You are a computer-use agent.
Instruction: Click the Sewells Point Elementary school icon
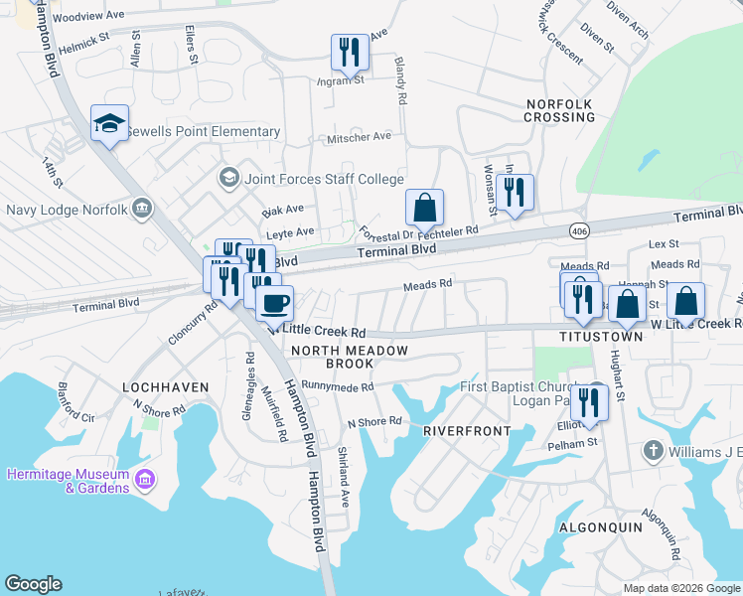109,123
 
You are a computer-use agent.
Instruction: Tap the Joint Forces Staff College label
320,179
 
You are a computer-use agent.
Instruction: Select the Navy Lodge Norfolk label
67,210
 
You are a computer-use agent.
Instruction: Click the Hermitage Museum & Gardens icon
146,481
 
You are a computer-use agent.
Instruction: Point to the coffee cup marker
274,301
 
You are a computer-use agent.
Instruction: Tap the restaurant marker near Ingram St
349,52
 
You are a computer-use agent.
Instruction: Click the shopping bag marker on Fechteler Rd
424,208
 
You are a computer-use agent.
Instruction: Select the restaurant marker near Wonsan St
514,192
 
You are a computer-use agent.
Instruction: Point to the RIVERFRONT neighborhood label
467,431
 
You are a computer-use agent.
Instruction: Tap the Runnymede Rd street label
338,387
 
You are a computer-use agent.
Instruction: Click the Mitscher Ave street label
360,137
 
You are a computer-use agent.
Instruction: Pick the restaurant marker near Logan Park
591,400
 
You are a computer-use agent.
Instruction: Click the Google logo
33,584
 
